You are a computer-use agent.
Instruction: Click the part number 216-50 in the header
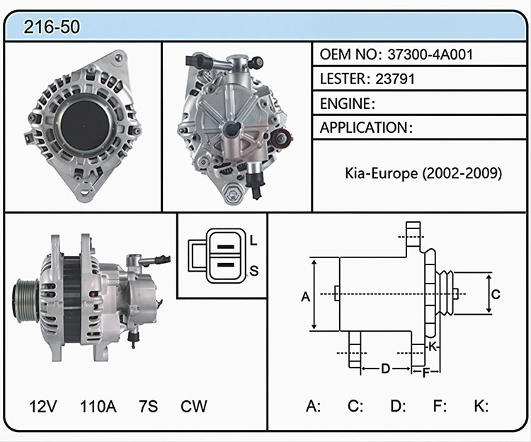pyautogui.click(x=52, y=27)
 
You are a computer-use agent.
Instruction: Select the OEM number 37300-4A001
pyautogui.click(x=430, y=54)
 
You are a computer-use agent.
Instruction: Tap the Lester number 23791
pyautogui.click(x=395, y=78)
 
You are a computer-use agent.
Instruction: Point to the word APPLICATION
pyautogui.click(x=364, y=128)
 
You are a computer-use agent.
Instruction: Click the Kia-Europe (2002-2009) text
pyautogui.click(x=423, y=173)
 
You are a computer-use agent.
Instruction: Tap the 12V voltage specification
pyautogui.click(x=43, y=406)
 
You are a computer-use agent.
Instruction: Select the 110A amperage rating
pyautogui.click(x=98, y=406)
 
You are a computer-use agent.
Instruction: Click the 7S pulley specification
pyautogui.click(x=149, y=406)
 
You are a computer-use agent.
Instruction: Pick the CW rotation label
pyautogui.click(x=194, y=406)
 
